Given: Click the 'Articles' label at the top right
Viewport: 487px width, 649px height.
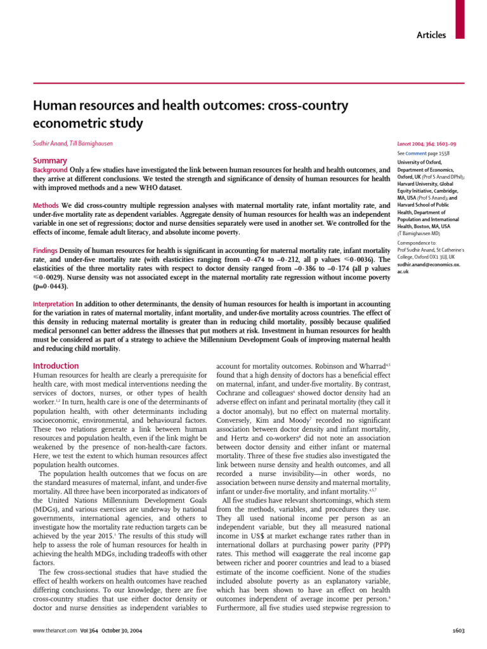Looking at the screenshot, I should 431,35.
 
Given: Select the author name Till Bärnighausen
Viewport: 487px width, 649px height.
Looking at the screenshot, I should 93,144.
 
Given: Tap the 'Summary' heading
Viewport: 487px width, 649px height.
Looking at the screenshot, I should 49,161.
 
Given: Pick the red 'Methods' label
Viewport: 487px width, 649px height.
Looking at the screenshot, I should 46,207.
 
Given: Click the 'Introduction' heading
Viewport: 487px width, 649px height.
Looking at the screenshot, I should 55,366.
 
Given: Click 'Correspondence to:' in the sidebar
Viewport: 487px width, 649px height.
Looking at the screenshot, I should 417,242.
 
